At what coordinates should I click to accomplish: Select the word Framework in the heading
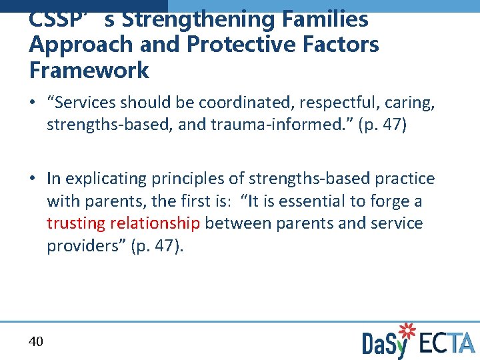[x=89, y=70]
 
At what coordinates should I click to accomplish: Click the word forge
[x=396, y=201]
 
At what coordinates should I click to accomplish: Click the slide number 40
[x=36, y=341]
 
